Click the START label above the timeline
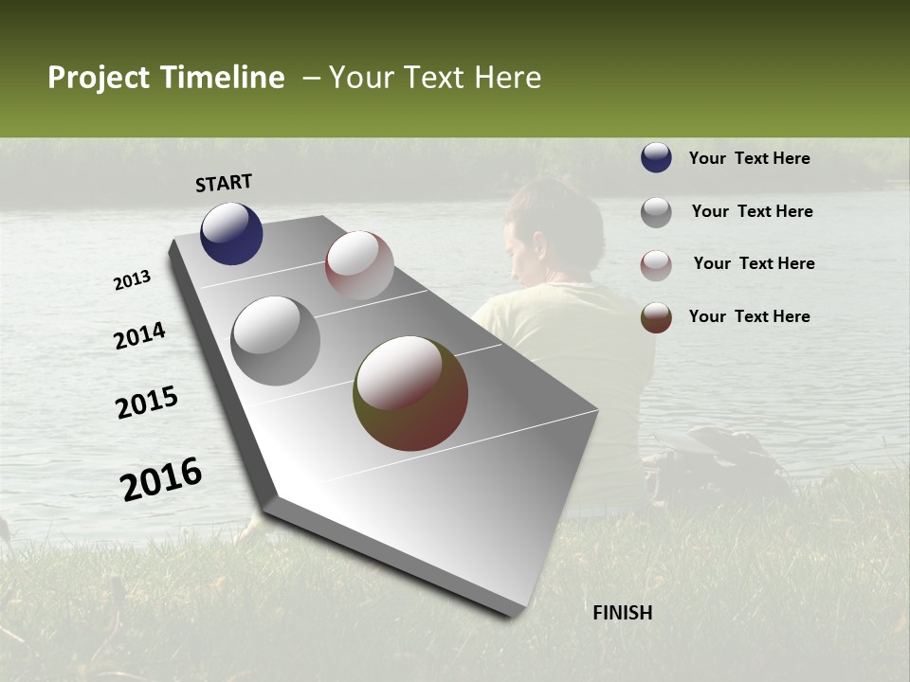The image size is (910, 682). coord(224,183)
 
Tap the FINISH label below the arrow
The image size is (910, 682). coord(622,613)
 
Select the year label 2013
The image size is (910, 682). coord(133,280)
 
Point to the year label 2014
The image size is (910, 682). coord(139,335)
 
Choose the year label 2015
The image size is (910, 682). coord(147,403)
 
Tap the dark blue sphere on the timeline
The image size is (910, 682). coord(231,233)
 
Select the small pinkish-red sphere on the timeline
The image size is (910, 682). coord(359,265)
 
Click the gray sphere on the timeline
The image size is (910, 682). coord(276,341)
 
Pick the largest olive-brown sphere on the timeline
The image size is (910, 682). coord(410,393)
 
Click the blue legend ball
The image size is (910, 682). coord(656,157)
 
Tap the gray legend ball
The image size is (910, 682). coord(656,212)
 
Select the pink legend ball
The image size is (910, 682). coord(656,265)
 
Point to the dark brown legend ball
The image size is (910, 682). coord(656,317)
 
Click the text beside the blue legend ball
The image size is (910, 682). coord(749,158)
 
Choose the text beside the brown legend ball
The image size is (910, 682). coord(749,316)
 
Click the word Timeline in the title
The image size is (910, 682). coord(222,78)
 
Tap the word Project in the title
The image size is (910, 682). coord(98,79)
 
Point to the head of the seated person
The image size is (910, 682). coord(553,232)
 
